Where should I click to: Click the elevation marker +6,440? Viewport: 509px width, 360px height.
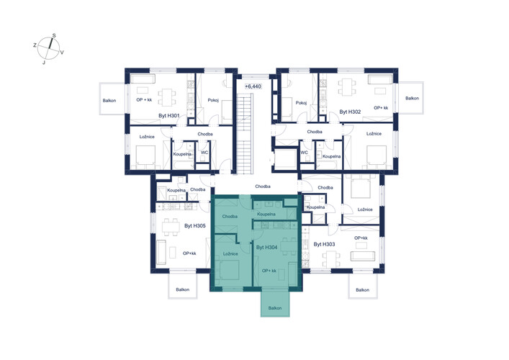point(253,86)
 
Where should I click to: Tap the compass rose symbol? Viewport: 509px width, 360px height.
point(49,49)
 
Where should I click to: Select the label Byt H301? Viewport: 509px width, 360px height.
point(168,116)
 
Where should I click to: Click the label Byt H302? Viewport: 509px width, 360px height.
point(351,112)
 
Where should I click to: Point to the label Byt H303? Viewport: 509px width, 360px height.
point(324,244)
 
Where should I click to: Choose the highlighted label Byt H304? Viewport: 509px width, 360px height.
point(267,248)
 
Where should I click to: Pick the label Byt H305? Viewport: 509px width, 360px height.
point(195,225)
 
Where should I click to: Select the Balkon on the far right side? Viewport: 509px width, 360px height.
point(411,98)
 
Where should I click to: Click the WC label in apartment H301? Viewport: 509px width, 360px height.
point(204,153)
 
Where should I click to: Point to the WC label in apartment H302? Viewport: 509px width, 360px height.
point(304,153)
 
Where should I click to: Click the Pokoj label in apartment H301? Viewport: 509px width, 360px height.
point(213,100)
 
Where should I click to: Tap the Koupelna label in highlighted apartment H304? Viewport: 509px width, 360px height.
point(266,215)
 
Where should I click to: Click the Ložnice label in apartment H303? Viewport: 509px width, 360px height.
point(365,210)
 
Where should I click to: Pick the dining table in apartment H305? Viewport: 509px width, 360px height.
point(171,227)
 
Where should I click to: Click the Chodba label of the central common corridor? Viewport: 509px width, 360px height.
point(263,186)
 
